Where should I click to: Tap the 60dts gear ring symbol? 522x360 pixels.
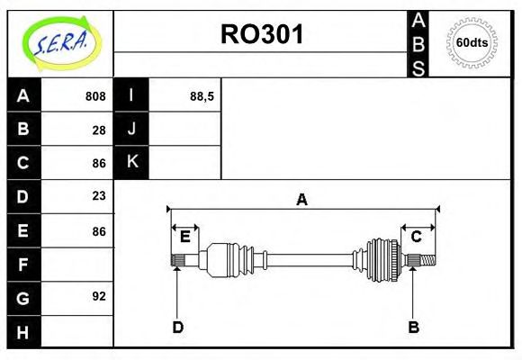point(472,42)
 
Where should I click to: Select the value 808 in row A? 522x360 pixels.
point(95,96)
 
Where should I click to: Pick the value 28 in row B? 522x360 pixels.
point(99,130)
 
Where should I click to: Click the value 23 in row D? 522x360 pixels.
point(99,196)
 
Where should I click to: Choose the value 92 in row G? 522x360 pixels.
point(99,296)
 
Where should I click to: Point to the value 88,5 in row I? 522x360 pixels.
point(202,96)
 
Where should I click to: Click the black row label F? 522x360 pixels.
point(23,265)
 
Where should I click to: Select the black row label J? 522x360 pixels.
point(131,130)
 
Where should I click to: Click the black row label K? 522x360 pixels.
point(131,163)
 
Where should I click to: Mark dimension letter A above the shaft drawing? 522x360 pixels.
point(302,200)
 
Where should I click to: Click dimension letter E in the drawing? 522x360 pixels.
point(184,237)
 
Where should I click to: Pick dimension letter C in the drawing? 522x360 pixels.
point(417,237)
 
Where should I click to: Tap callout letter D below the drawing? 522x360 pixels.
point(177,328)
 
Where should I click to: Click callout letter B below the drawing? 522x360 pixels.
point(413,328)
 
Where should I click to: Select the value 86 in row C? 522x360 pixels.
point(99,163)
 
